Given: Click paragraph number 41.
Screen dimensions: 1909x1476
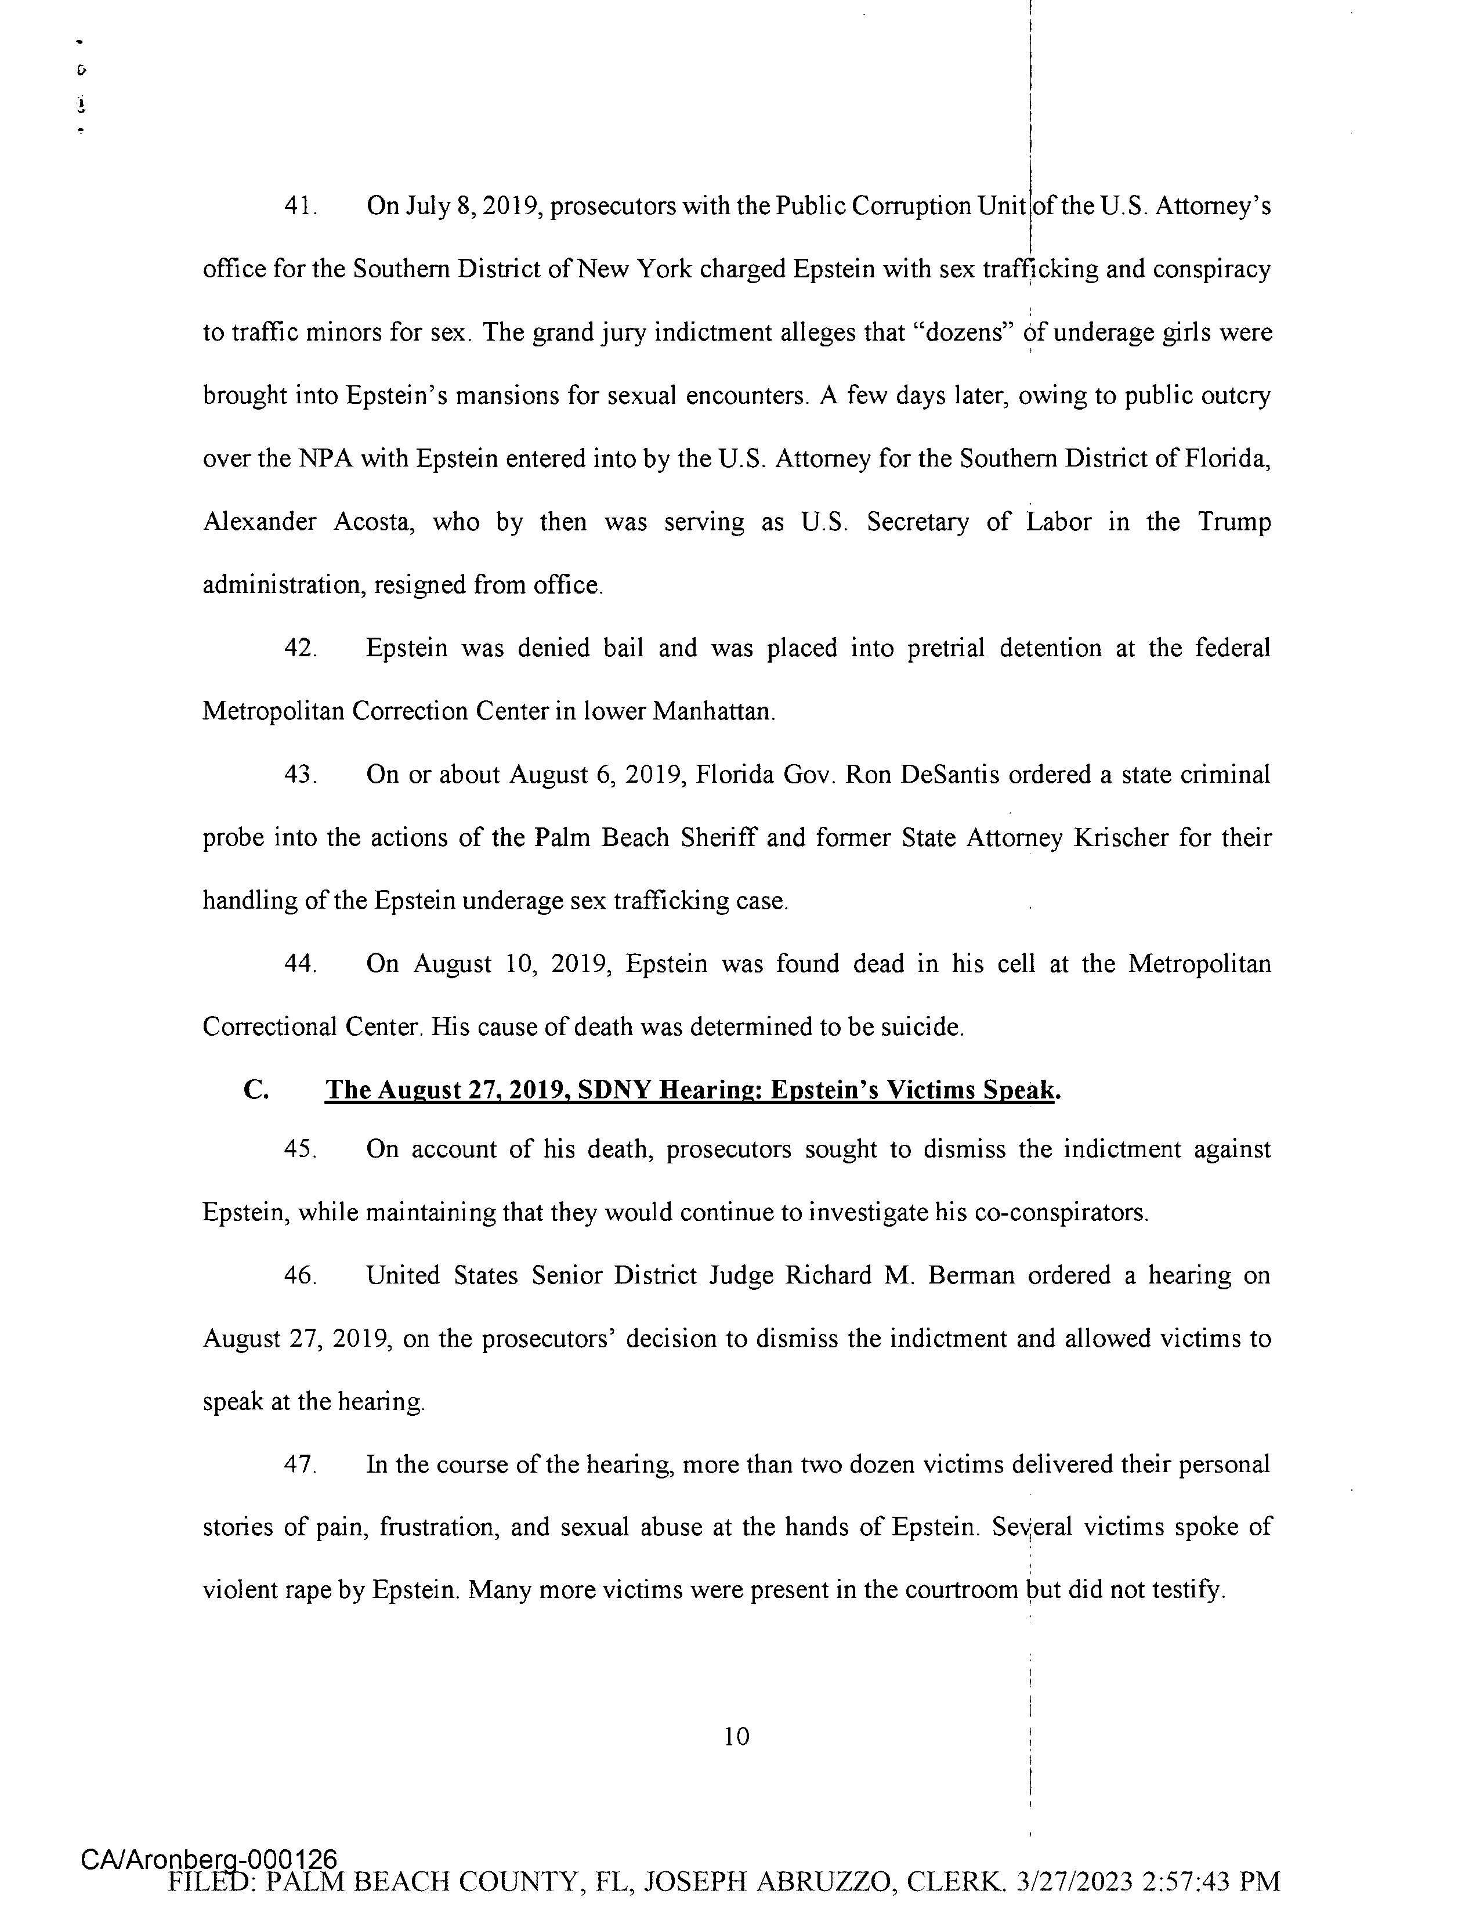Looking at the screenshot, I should (x=300, y=207).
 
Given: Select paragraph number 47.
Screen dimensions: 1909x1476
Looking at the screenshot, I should (x=300, y=1464).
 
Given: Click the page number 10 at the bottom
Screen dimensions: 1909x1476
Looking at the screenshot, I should (x=737, y=1736).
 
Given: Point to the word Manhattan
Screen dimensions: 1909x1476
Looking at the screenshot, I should (x=712, y=711).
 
